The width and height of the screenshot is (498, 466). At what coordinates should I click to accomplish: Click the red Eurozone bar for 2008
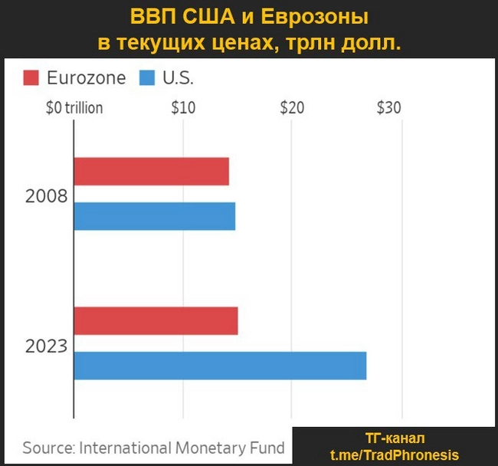tap(151, 172)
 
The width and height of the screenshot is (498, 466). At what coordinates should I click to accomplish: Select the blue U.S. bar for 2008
tap(154, 216)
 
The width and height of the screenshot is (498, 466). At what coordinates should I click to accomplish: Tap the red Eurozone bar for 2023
tap(156, 320)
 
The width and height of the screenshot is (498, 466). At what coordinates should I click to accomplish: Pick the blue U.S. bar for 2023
tap(220, 365)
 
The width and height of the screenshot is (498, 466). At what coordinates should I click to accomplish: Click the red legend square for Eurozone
tap(31, 78)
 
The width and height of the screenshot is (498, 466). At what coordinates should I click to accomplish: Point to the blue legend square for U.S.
tap(148, 78)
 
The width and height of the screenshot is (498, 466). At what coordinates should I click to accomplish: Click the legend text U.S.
tap(177, 78)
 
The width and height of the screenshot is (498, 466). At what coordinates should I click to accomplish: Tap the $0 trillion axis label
tap(74, 108)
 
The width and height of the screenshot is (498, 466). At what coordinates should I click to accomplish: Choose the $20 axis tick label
tap(292, 108)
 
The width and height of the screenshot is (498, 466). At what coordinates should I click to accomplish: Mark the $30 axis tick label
tap(388, 108)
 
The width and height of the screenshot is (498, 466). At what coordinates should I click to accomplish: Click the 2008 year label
tap(46, 196)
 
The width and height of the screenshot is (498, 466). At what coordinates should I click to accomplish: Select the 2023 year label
tap(46, 346)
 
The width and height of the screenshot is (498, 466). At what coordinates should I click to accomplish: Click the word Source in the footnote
tap(48, 448)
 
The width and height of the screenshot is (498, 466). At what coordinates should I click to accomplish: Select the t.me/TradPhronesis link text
tap(395, 455)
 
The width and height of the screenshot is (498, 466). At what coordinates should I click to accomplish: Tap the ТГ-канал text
tap(395, 439)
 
